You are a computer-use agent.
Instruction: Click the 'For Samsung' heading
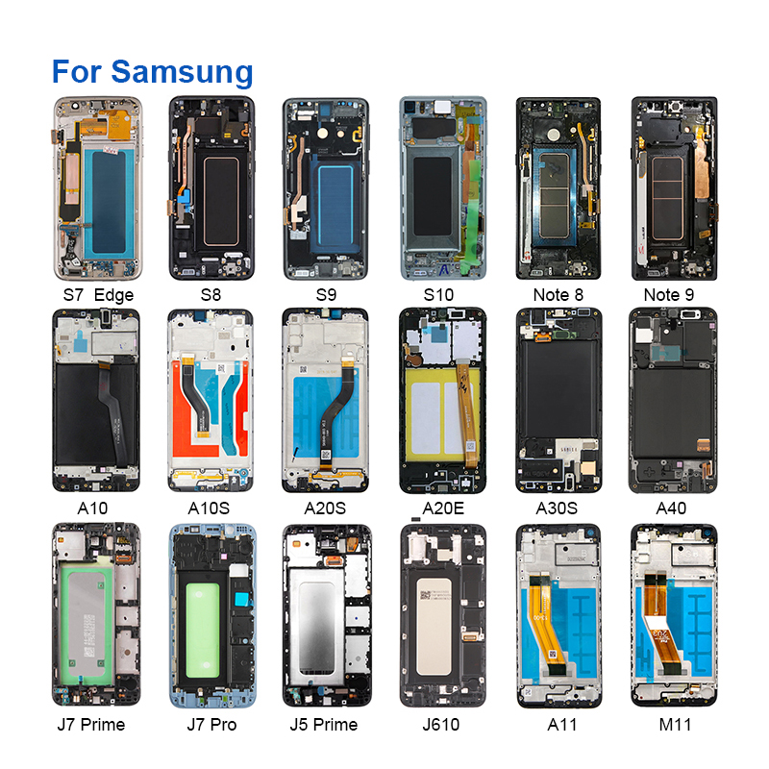[x=152, y=71]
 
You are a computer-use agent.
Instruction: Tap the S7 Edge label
[x=96, y=295]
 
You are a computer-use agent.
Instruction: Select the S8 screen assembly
[x=211, y=187]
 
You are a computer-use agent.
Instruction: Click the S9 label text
[x=326, y=295]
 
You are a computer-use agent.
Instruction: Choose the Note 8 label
[x=558, y=295]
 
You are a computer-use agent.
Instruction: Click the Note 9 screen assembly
[x=673, y=187]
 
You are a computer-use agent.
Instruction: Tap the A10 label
[x=96, y=509]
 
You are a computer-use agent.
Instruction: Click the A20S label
[x=326, y=509]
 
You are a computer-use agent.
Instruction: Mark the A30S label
[x=558, y=509]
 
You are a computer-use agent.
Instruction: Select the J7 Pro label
[x=211, y=724]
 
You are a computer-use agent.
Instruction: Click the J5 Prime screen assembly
[x=326, y=615]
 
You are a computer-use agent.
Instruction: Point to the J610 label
[x=441, y=724]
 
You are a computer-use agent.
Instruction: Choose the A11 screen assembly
[x=558, y=615]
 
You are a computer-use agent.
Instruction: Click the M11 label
[x=673, y=724]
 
